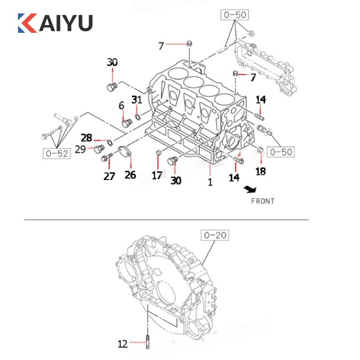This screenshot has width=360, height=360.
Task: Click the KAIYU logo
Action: point(55,23)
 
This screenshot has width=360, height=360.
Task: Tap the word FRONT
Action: point(263,201)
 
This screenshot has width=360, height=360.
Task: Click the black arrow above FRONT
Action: point(250,189)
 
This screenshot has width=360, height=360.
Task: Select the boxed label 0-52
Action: point(57,153)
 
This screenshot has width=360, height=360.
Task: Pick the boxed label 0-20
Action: point(215,235)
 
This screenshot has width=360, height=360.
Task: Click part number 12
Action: point(122,344)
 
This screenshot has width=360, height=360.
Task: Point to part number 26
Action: point(130,175)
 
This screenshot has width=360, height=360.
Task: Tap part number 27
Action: point(109,176)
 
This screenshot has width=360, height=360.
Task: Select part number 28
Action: point(86,138)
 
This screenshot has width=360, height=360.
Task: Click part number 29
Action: point(81,149)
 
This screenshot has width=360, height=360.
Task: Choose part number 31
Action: point(137,100)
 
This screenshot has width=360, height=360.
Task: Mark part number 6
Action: point(121,106)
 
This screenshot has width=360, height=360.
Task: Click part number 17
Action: point(157,175)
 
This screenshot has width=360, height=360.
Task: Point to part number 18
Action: point(261,171)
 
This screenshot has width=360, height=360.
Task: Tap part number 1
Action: point(210,182)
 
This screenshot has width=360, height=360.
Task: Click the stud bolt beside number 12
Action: point(148,342)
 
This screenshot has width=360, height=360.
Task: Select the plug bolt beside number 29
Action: point(99,149)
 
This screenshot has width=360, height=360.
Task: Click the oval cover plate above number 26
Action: point(125,152)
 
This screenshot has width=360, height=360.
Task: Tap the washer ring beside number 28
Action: point(110,142)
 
